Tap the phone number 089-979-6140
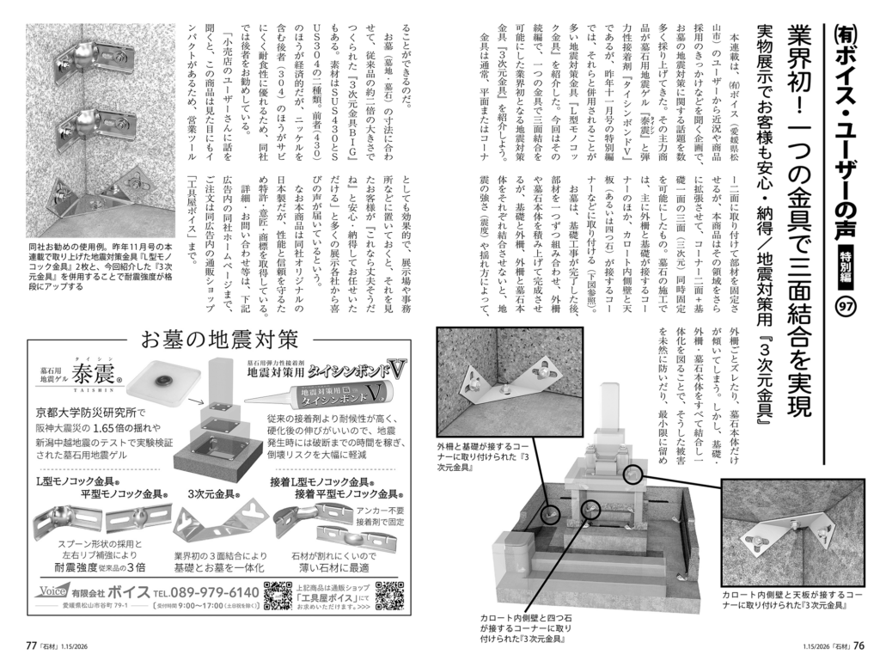pos(205,592)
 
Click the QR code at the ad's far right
pos(391,596)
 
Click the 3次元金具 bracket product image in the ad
pos(206,525)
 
